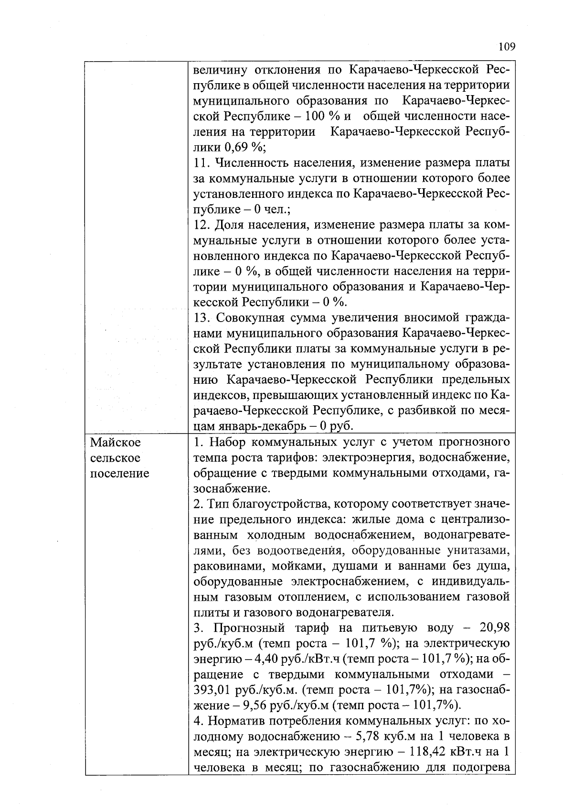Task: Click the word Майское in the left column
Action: (x=116, y=442)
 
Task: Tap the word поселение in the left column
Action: (x=119, y=473)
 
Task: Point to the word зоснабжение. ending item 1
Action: (x=232, y=488)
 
